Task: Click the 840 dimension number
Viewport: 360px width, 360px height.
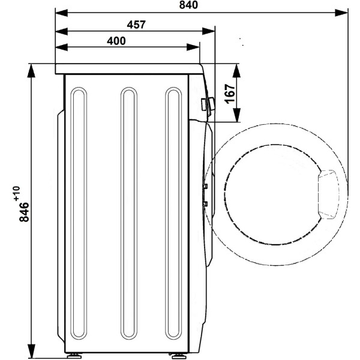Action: pos(188,5)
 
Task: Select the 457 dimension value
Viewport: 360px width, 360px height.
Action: pos(136,25)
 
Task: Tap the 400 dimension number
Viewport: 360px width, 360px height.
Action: pos(116,41)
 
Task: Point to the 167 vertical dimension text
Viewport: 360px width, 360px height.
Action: pos(230,94)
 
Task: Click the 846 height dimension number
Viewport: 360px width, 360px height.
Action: pos(24,212)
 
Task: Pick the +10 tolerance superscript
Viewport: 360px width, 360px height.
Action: pos(17,194)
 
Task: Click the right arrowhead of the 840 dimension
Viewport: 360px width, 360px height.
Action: pos(341,13)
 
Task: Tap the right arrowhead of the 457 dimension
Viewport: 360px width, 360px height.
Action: pos(208,31)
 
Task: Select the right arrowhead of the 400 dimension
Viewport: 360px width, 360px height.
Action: pos(193,47)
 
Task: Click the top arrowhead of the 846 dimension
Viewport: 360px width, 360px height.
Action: pos(31,70)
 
